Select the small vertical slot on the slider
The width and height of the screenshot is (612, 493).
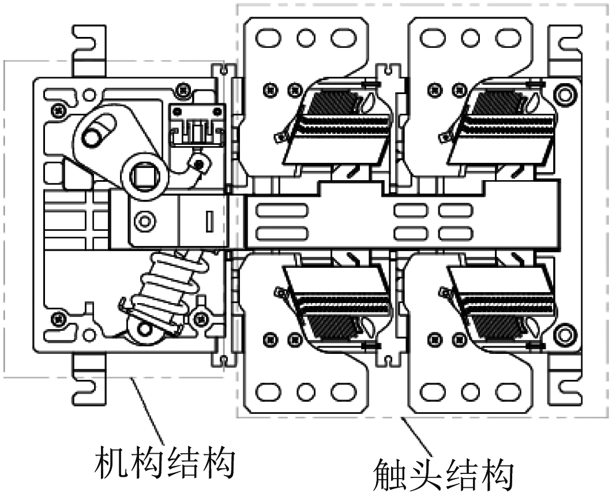(209, 222)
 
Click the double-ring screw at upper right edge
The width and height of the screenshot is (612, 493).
(565, 94)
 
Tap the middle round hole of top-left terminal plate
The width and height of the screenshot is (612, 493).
(306, 38)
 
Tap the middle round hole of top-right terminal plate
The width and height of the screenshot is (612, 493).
(471, 38)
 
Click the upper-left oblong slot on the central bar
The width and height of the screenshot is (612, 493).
(281, 210)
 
